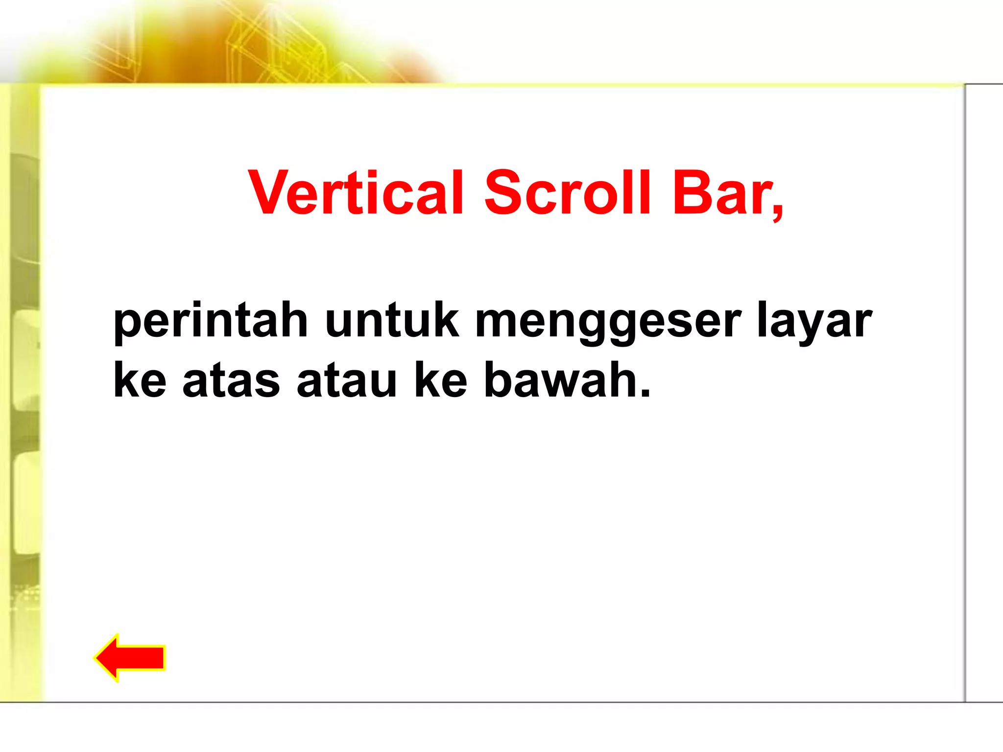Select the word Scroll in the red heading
(568, 193)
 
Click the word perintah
(211, 322)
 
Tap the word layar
(814, 322)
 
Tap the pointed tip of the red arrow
(97, 658)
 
